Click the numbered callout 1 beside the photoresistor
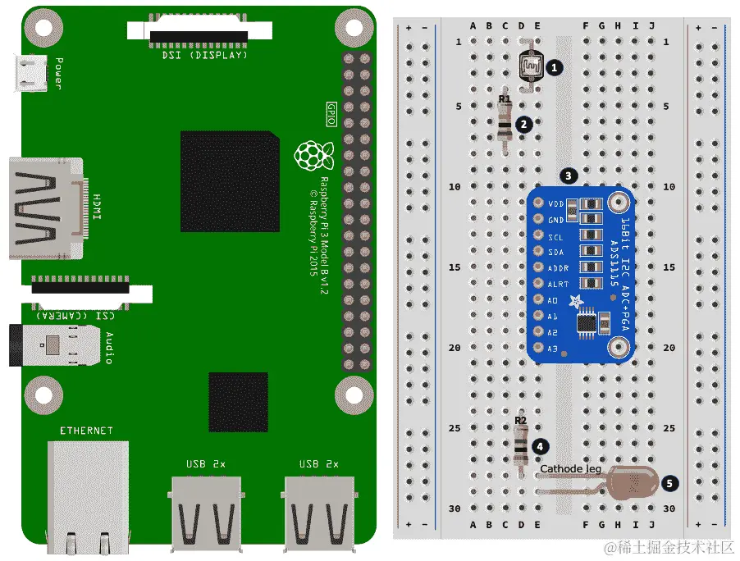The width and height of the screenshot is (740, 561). tap(555, 67)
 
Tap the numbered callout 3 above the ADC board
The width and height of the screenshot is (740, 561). tap(568, 176)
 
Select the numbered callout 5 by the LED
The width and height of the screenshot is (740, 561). tap(670, 483)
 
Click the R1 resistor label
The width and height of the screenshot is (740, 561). tap(505, 99)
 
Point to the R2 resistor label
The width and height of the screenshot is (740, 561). tap(520, 421)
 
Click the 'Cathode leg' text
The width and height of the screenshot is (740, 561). tap(570, 469)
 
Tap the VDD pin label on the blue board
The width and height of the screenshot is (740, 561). tap(556, 203)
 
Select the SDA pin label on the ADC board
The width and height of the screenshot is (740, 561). tap(556, 252)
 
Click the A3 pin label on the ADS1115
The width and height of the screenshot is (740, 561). tap(553, 349)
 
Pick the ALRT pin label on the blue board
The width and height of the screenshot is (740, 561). tap(557, 284)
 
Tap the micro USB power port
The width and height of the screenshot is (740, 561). tap(33, 73)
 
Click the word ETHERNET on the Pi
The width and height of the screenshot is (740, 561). tap(86, 431)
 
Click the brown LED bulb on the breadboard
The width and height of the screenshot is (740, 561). tap(631, 485)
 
